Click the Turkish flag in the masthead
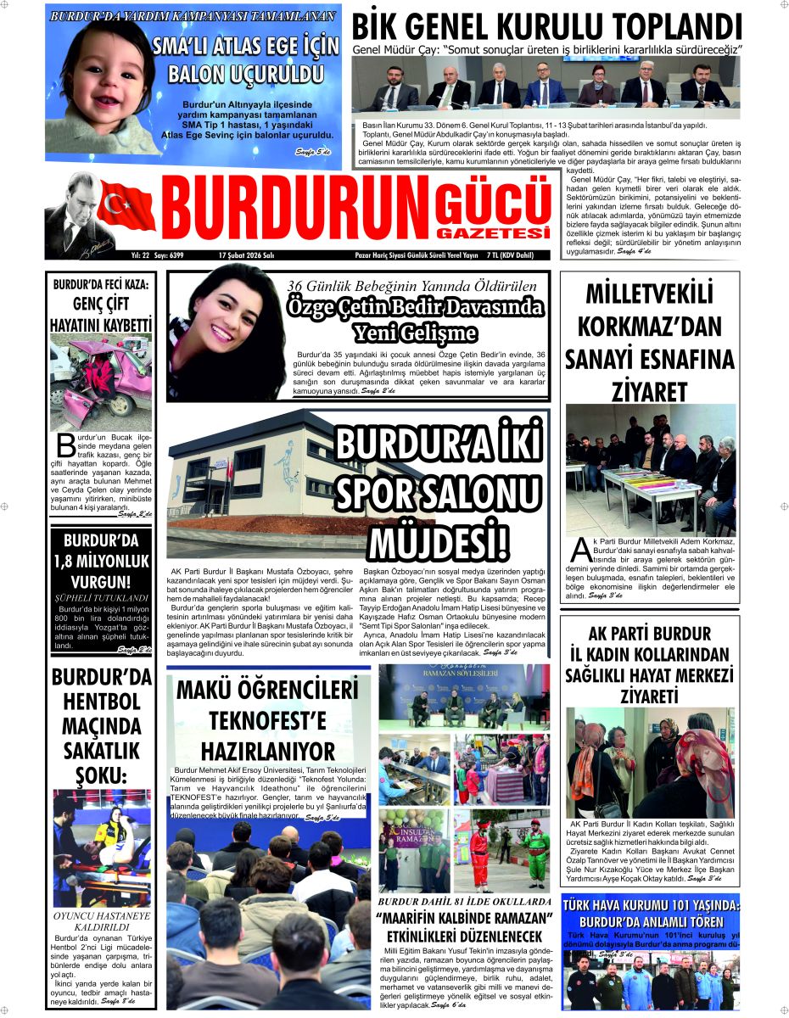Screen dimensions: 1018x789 [126, 207]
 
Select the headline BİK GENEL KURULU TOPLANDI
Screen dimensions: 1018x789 [547, 26]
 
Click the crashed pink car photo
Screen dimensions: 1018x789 [101, 381]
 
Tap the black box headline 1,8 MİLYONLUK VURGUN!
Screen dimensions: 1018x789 [101, 561]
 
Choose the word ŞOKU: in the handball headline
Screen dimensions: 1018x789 [101, 775]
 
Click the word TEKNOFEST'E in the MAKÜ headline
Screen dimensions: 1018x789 [268, 721]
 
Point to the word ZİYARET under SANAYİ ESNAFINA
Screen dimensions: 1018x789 [649, 392]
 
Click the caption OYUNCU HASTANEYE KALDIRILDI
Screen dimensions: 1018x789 [101, 923]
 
